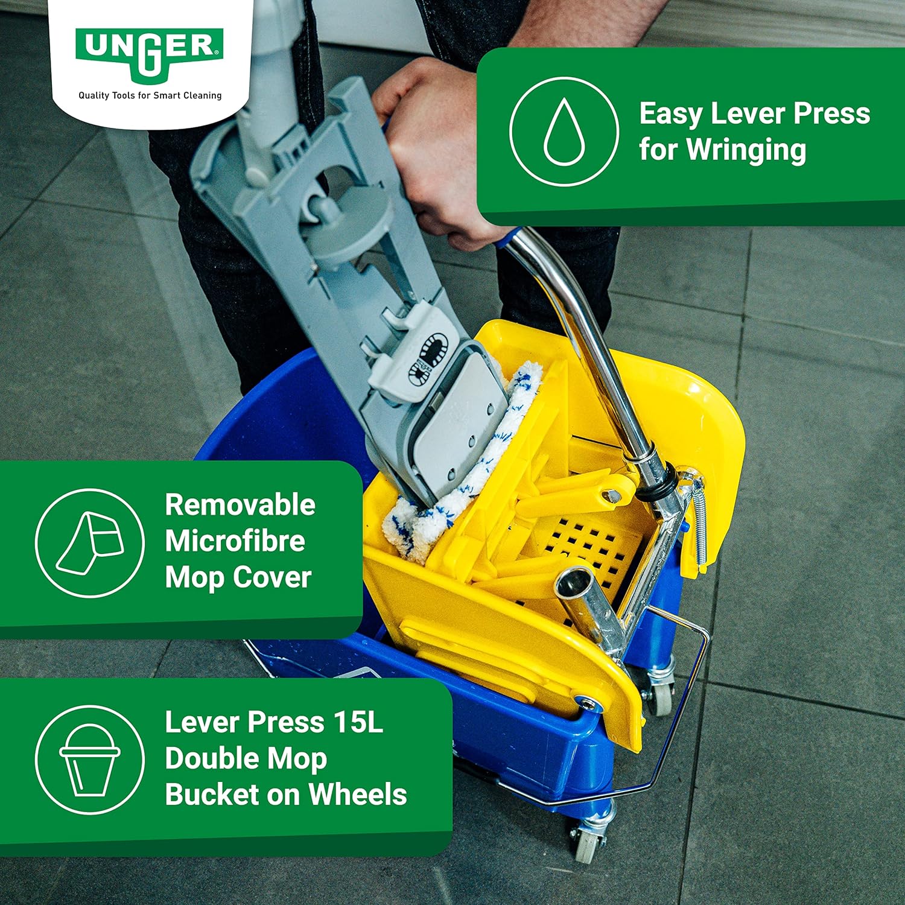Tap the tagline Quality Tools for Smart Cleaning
point(150,95)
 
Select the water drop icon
point(564,132)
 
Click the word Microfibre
point(235,541)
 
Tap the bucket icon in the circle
point(90,760)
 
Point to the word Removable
point(240,504)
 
